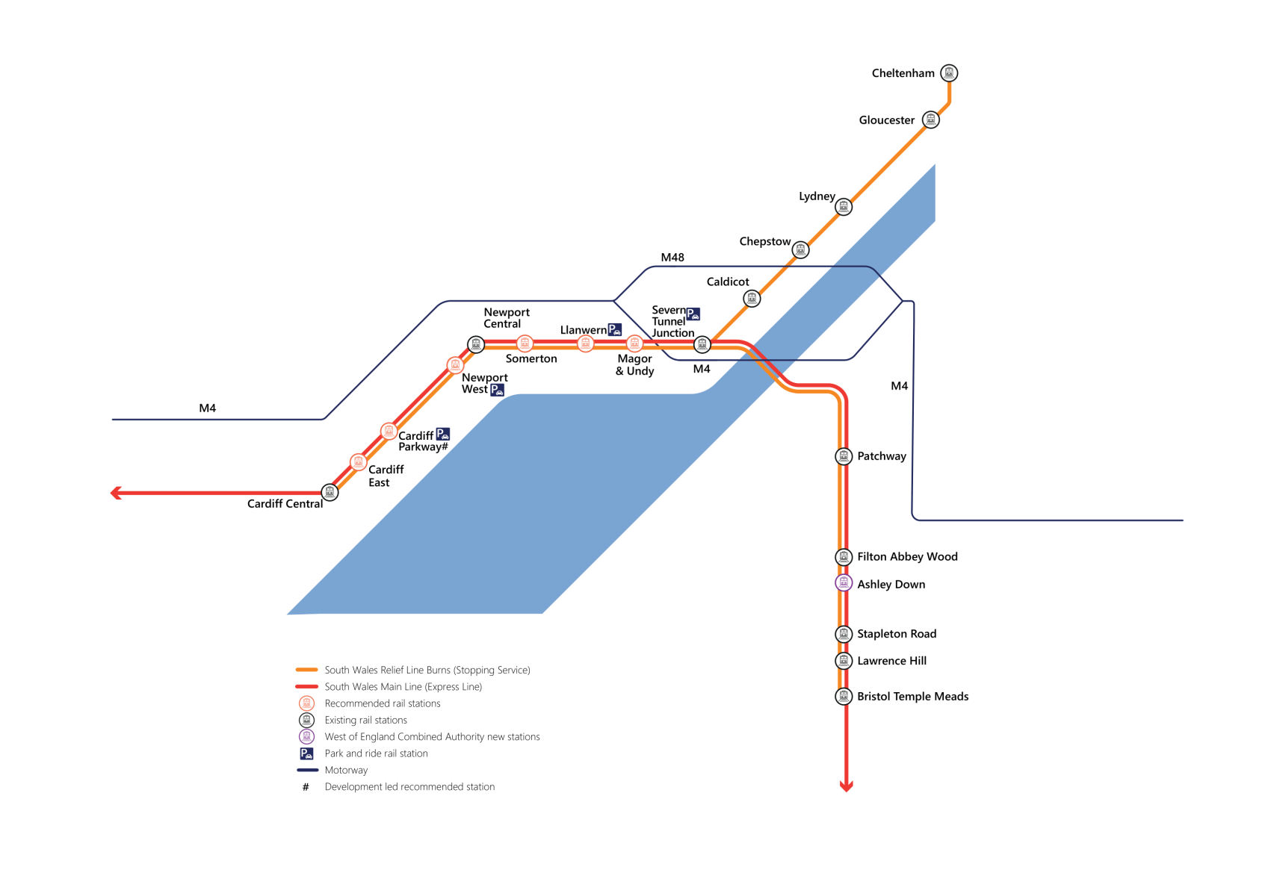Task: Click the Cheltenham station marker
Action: pos(949,73)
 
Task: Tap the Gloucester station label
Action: pos(886,120)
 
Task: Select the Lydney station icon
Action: pos(844,207)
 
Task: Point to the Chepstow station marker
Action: pos(800,249)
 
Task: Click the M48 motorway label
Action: pos(672,258)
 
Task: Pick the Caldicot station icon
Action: pos(752,299)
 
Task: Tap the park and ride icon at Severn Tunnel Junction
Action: pos(693,314)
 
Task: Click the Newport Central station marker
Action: pos(476,344)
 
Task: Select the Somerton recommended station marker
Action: pos(525,343)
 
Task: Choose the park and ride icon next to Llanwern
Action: pos(615,329)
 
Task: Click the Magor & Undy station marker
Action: pos(634,343)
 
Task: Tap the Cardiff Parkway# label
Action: pos(422,441)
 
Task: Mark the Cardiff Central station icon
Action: pos(330,492)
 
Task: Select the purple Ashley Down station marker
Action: pos(844,583)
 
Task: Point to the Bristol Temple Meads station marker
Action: pos(844,697)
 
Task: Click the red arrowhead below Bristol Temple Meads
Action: pos(846,785)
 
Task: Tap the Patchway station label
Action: pos(882,456)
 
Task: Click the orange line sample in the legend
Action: pos(307,671)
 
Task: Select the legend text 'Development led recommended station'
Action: pos(409,787)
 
